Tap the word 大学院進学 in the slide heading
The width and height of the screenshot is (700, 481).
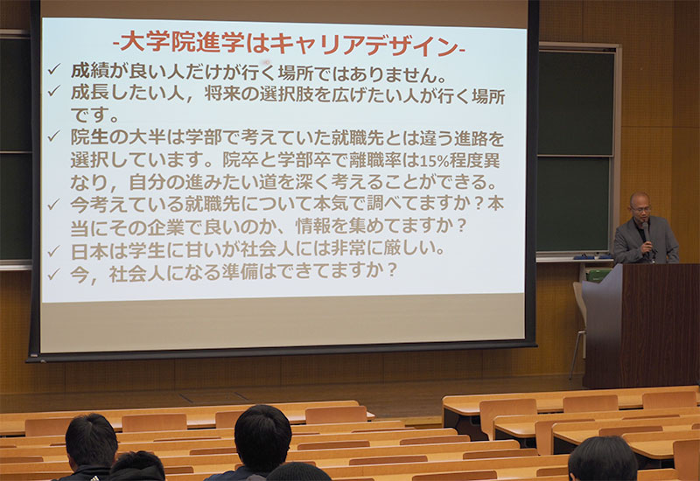click(182, 43)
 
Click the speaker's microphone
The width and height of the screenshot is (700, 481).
click(646, 232)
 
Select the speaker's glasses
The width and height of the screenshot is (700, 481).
click(641, 208)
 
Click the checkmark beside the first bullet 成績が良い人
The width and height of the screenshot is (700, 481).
click(54, 69)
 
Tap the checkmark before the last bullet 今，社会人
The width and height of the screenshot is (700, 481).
click(53, 274)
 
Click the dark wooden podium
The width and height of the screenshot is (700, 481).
click(641, 325)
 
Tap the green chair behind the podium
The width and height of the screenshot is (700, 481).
click(598, 275)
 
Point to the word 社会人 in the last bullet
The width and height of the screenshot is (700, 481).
click(137, 273)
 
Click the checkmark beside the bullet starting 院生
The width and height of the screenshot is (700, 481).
click(54, 136)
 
